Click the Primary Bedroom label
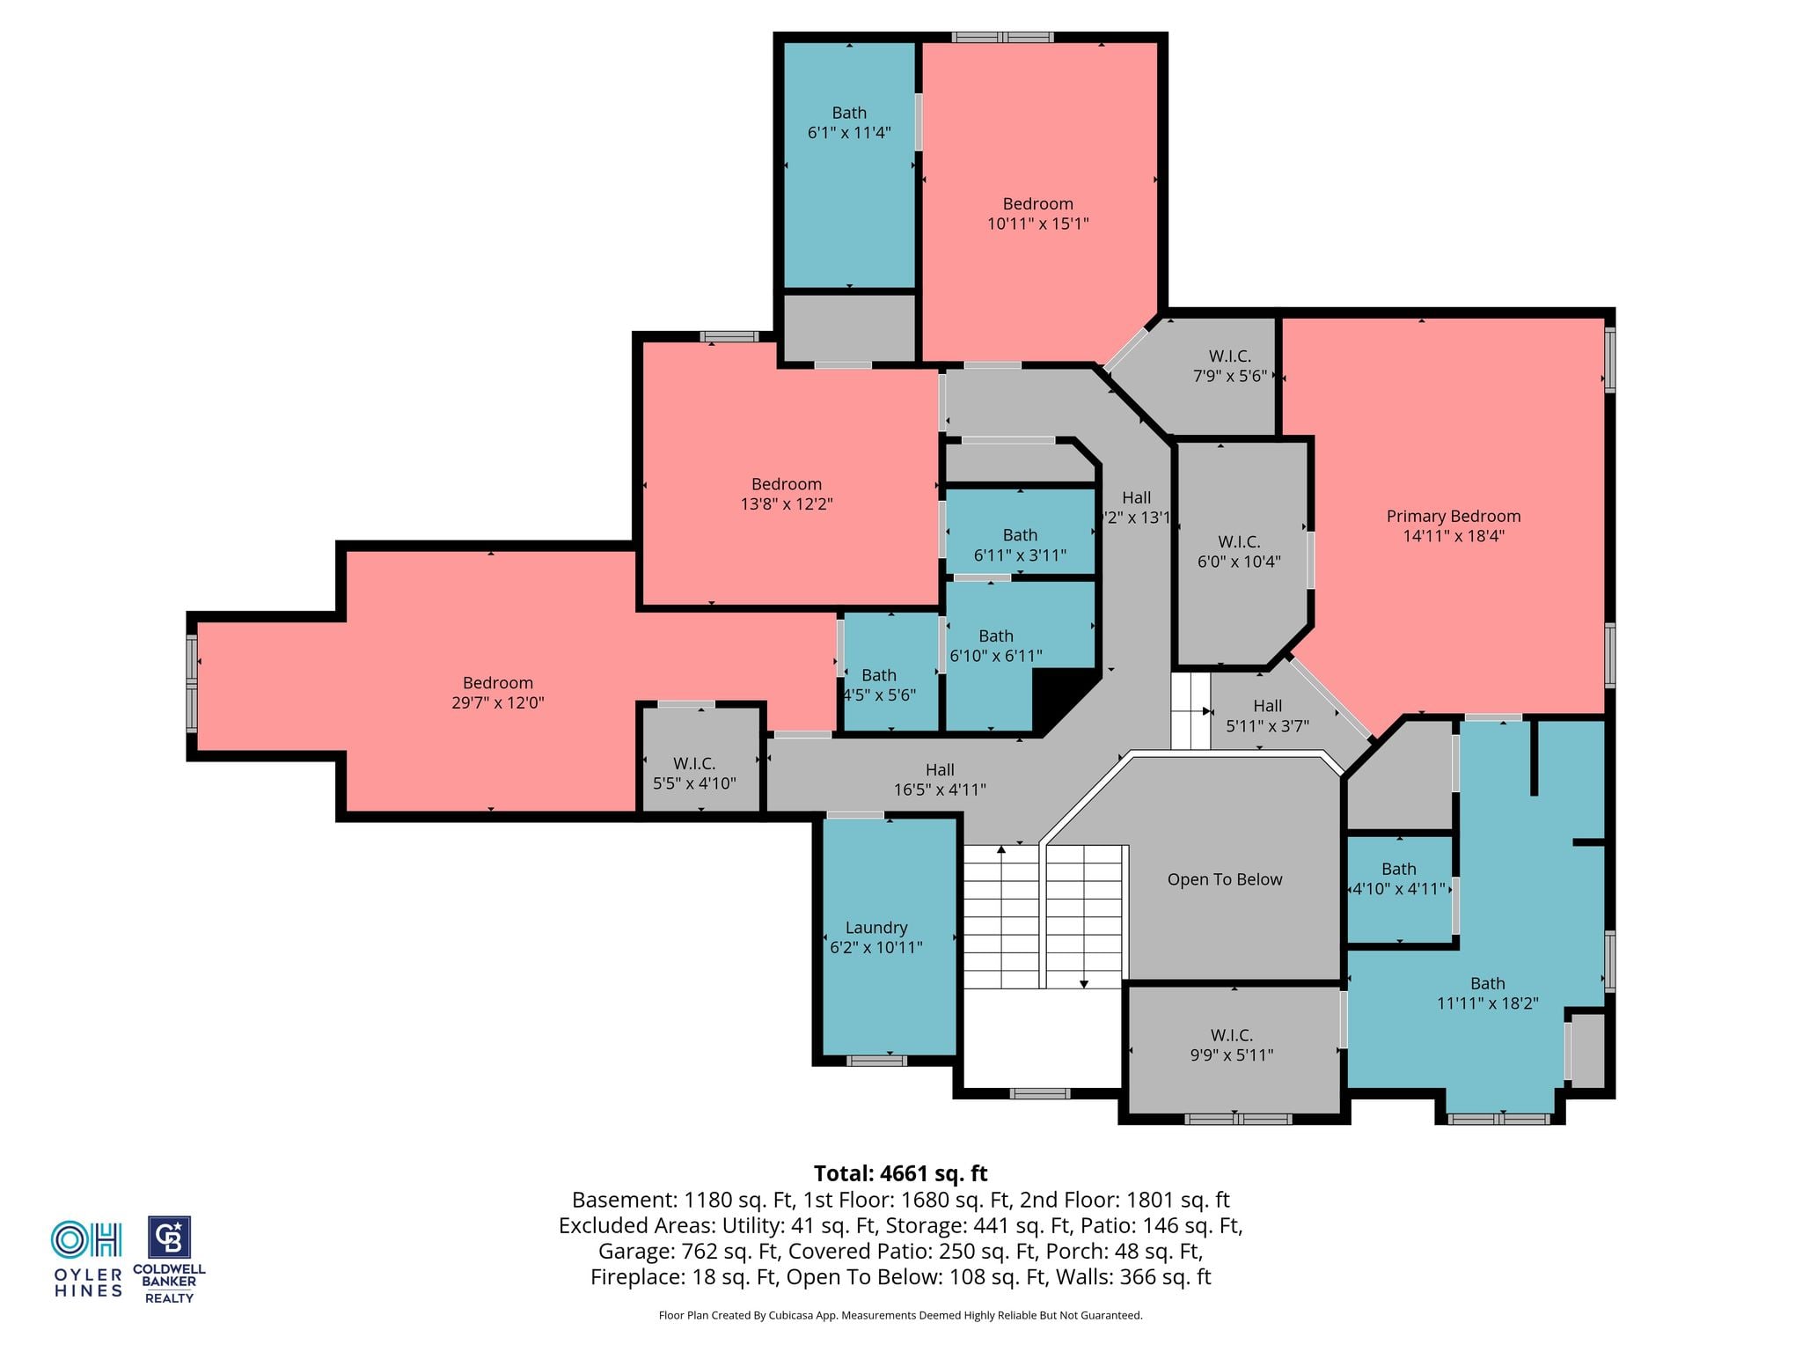[x=1453, y=516]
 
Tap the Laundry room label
[x=875, y=927]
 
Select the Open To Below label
[x=1224, y=879]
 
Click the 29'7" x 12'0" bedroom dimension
[x=498, y=702]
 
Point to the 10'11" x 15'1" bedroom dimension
[x=1037, y=224]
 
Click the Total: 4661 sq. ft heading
[x=900, y=1173]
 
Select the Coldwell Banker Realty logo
[x=169, y=1260]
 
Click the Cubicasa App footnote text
[x=900, y=1316]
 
